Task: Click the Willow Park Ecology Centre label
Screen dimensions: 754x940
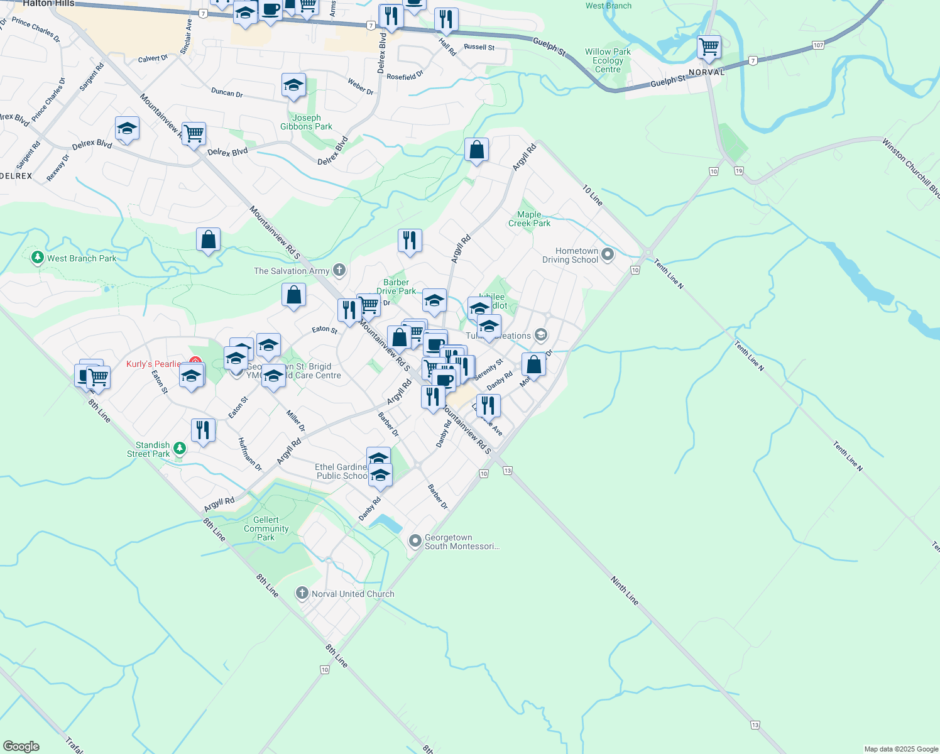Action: point(608,61)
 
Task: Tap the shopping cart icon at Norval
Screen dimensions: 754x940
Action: point(709,46)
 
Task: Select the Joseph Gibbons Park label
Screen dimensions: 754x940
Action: point(306,123)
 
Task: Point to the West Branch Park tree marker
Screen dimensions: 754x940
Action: point(38,258)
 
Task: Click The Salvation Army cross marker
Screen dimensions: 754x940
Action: point(339,271)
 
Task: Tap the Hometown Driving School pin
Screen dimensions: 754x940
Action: point(608,254)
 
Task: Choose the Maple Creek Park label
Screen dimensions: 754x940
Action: point(529,219)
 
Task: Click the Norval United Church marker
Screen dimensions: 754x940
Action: point(302,593)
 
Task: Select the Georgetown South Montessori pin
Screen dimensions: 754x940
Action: point(415,540)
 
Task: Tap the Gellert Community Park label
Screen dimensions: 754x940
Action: point(266,528)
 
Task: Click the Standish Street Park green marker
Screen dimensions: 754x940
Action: point(180,448)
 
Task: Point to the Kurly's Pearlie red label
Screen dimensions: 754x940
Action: point(153,364)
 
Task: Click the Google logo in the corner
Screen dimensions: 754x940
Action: point(21,746)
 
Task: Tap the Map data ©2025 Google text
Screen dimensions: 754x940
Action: point(901,749)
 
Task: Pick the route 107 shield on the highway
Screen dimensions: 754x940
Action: point(817,45)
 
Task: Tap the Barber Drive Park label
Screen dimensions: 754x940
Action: point(396,287)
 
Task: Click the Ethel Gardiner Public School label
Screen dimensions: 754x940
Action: point(341,471)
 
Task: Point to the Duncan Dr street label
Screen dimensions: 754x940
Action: point(227,92)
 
